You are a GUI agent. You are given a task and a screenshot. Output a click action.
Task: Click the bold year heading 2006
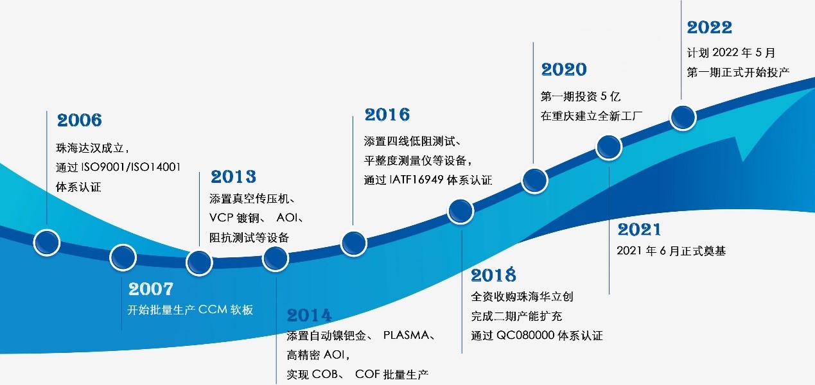coord(80,121)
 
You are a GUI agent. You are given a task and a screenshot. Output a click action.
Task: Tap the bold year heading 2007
coord(151,289)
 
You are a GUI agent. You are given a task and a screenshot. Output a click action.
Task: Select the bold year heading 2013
coord(233,176)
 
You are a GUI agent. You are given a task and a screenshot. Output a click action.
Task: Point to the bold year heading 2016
coord(387,115)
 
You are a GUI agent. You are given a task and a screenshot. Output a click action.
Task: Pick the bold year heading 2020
coord(564,69)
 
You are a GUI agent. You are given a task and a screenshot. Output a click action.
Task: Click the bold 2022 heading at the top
coord(710,28)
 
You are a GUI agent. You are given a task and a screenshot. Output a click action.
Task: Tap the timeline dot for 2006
coord(47,243)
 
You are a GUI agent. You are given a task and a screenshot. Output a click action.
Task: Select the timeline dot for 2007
coord(123,258)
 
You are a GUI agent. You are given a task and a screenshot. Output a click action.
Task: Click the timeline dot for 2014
coord(276,259)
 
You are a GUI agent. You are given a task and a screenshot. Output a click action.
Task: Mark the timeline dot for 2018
coord(460,212)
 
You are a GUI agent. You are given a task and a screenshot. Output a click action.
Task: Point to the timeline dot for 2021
coord(609,147)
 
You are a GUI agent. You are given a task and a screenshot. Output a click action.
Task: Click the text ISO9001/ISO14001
coord(131,167)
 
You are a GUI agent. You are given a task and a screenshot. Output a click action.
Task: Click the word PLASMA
coord(406,335)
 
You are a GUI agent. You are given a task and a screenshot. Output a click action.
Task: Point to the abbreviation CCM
coord(213,309)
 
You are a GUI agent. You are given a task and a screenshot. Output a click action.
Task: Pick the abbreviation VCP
coord(221,218)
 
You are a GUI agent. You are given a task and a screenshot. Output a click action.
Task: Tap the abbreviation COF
coord(367,374)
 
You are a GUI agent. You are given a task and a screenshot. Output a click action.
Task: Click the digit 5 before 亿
coord(604,96)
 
